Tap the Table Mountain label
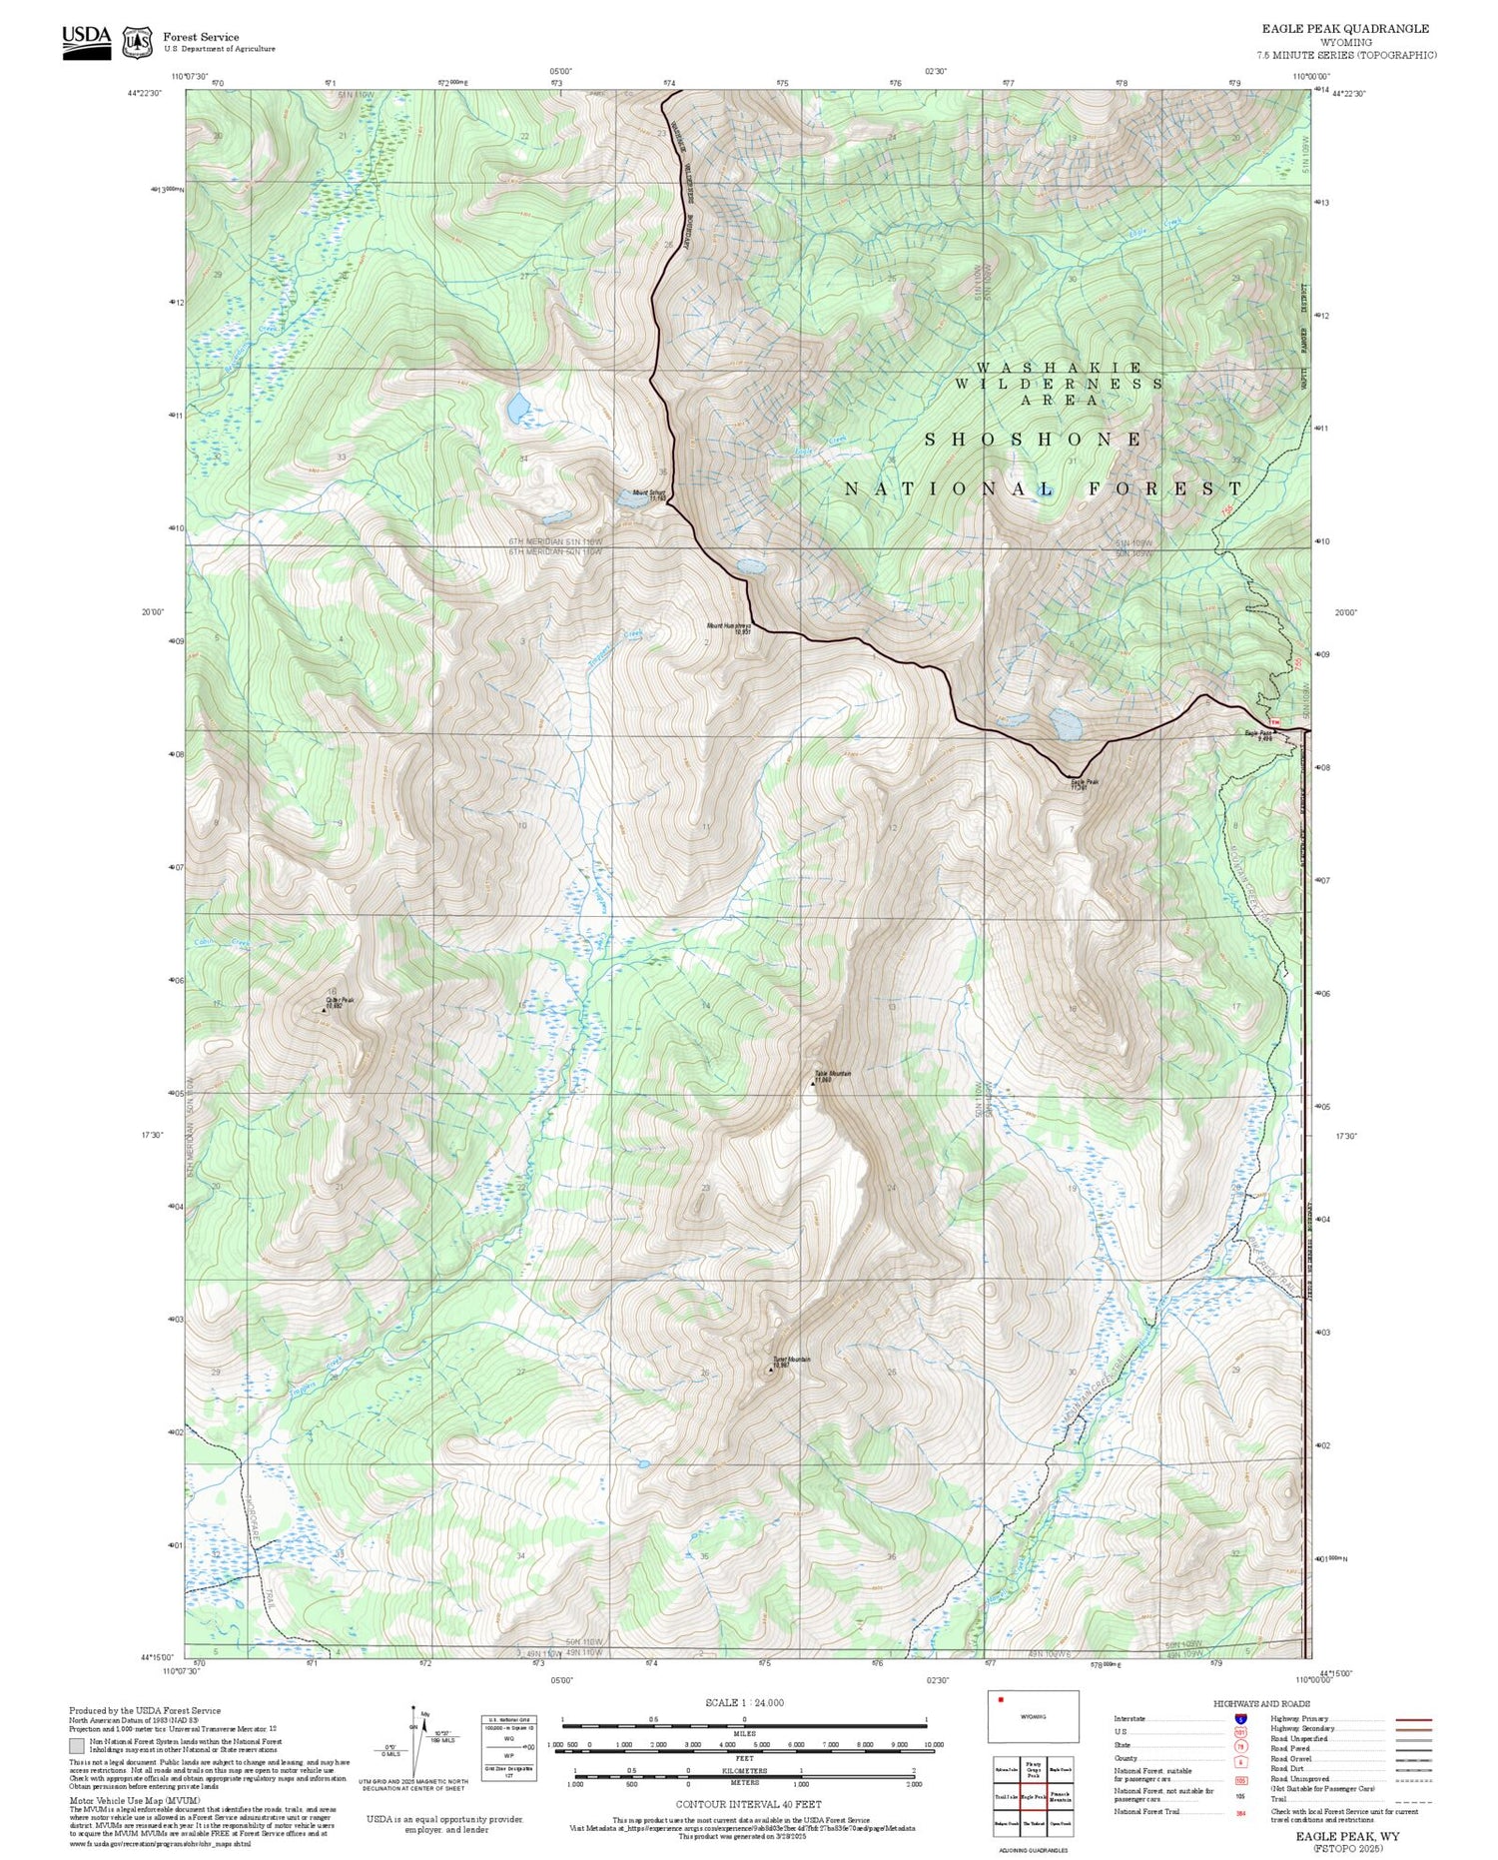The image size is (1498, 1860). (832, 1076)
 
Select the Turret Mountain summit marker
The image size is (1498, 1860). (770, 1370)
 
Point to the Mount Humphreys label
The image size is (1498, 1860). (728, 628)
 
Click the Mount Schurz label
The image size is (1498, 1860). (648, 494)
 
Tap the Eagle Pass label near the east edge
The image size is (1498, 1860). (1258, 734)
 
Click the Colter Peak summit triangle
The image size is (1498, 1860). (324, 1010)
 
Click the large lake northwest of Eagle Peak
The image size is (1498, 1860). (1065, 723)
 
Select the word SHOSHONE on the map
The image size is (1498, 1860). (1034, 440)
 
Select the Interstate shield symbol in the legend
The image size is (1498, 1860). (1241, 1718)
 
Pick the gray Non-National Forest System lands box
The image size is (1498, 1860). (77, 1746)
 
